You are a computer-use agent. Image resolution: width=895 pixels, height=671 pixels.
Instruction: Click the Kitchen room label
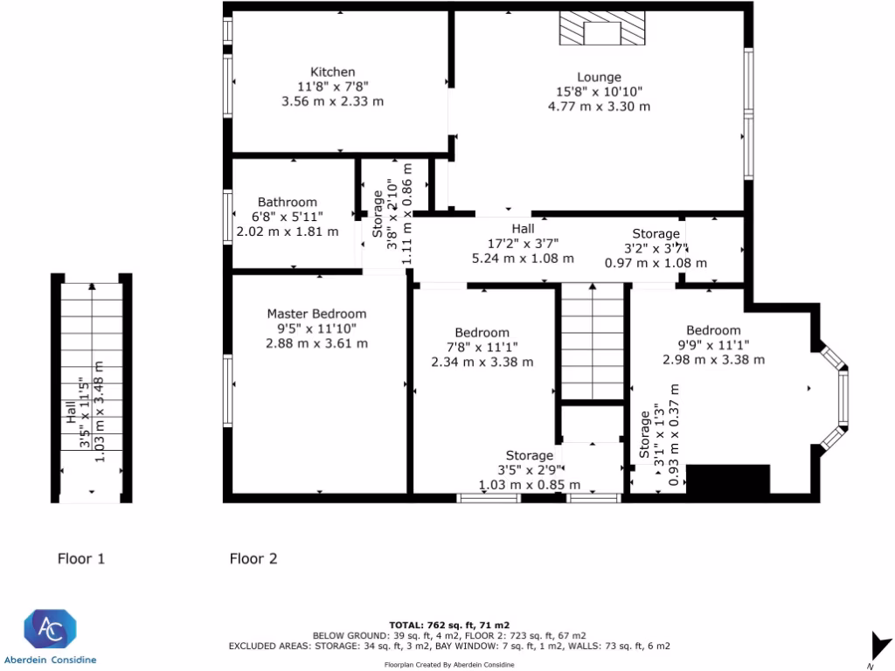point(332,72)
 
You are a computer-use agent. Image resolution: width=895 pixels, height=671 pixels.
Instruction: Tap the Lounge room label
point(599,77)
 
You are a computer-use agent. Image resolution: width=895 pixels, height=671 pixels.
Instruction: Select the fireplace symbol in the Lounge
point(601,29)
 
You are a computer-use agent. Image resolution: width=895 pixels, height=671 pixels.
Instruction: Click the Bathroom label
point(287,202)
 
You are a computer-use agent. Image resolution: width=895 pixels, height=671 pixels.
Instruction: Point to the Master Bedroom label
point(316,314)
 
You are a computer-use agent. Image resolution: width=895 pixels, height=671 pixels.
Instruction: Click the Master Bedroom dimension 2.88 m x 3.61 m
point(316,343)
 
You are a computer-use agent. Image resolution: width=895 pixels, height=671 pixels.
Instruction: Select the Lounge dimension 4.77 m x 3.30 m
point(599,107)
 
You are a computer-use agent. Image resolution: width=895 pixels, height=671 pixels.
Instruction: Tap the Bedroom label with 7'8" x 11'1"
point(482,332)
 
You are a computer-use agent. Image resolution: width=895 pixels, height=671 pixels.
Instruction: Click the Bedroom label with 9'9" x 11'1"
point(713,329)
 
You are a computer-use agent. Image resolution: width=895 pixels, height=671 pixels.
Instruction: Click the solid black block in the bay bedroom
point(728,479)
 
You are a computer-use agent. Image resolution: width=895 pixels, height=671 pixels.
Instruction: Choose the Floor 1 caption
point(81,558)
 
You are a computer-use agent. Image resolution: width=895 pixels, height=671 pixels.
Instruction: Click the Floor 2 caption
point(253,558)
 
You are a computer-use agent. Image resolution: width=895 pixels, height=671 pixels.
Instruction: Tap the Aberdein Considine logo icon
point(50,629)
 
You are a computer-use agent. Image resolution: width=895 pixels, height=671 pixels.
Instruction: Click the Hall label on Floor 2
point(523,228)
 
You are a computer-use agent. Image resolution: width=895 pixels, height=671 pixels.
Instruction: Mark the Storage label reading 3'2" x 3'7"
point(656,233)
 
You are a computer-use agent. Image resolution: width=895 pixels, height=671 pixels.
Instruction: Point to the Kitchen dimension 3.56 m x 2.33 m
point(332,101)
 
